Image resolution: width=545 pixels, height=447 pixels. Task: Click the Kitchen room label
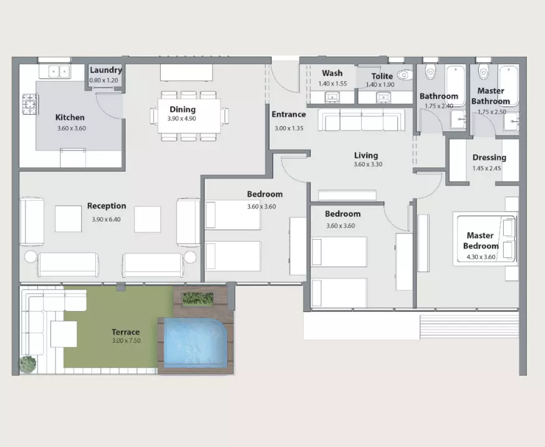(70, 117)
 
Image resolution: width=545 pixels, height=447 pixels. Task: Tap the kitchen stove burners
(29, 104)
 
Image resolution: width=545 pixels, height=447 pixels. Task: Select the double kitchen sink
(59, 72)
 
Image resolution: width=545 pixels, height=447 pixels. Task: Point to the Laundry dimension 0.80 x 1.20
(104, 81)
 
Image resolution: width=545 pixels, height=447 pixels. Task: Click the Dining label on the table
(183, 109)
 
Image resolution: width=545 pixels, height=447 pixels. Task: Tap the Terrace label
(125, 332)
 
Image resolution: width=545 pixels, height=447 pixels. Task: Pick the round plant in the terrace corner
(27, 364)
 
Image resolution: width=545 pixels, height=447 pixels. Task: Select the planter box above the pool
(198, 298)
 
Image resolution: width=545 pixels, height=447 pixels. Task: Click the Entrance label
(289, 114)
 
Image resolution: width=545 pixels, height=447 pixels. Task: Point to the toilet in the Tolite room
(405, 75)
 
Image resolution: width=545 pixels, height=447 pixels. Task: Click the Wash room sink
(332, 97)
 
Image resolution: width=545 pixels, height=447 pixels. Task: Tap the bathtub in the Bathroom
(455, 86)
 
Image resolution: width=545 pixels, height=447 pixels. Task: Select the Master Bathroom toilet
(483, 71)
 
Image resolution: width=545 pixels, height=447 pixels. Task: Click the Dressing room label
(489, 157)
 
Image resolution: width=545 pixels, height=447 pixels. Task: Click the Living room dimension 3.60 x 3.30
(368, 164)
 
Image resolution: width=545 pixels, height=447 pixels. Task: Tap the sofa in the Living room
(362, 119)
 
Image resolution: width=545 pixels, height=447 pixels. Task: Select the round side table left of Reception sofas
(30, 257)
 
